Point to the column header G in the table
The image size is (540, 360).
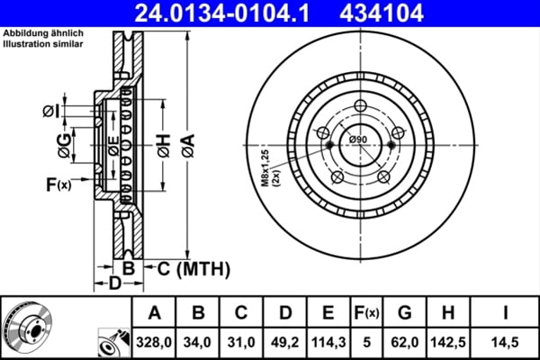click(x=405, y=313)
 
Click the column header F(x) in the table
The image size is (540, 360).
click(x=367, y=313)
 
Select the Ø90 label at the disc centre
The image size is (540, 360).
click(x=357, y=139)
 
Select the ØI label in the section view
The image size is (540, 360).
click(x=51, y=111)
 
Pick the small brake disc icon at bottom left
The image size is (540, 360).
click(x=28, y=326)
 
